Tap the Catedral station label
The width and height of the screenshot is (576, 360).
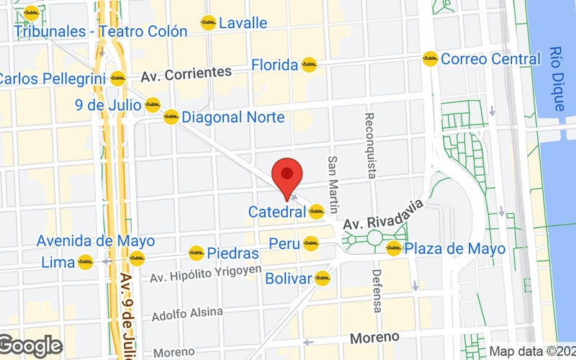(x=277, y=212)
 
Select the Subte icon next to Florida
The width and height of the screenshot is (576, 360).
(x=309, y=65)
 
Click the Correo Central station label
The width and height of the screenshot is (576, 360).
(x=490, y=59)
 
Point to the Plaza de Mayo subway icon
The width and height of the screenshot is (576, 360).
(x=393, y=248)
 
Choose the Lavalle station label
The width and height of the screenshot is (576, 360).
(x=243, y=23)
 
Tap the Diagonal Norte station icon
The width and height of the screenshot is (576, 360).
(x=171, y=117)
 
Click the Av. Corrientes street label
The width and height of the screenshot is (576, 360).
(x=186, y=73)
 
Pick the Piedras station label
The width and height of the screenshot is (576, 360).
(x=233, y=253)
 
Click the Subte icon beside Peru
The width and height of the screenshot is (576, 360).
(x=310, y=244)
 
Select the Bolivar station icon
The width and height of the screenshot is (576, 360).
(x=322, y=278)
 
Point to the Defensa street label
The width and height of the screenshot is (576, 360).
(x=376, y=290)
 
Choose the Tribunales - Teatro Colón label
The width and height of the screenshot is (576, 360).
(x=101, y=32)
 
